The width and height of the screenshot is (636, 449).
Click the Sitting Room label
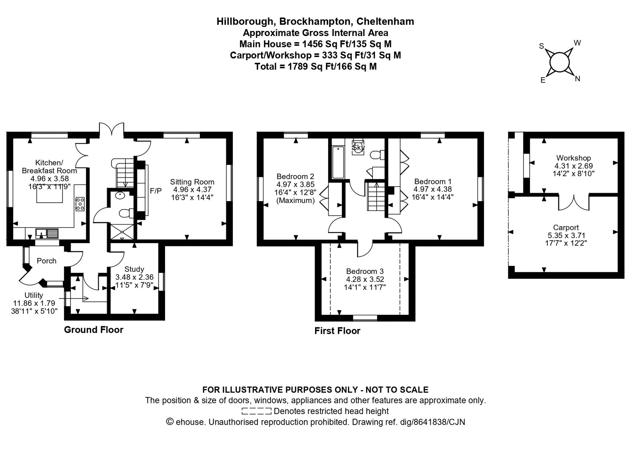[x=192, y=182]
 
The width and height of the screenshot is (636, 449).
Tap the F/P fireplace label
[x=156, y=191]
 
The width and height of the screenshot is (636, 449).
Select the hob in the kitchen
[x=80, y=204]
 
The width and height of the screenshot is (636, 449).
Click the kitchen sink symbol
[x=47, y=234]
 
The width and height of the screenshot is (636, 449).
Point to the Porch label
[x=46, y=261]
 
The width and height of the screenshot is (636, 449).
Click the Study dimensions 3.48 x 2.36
[x=134, y=277]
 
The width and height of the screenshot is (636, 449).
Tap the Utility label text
[x=33, y=295]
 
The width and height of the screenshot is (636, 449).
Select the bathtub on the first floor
[x=338, y=162]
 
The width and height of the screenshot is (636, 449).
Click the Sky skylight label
[x=358, y=148]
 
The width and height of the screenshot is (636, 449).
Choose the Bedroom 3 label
[x=365, y=271]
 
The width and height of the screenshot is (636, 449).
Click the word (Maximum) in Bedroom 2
[x=295, y=201]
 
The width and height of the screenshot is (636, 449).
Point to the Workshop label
[x=573, y=158]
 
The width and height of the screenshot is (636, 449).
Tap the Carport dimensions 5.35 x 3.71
[x=566, y=235]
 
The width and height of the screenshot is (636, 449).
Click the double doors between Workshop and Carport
[x=574, y=203]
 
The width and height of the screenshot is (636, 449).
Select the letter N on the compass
[x=577, y=79]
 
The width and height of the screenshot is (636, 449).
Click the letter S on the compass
[x=541, y=46]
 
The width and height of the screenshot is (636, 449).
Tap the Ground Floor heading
[x=93, y=330]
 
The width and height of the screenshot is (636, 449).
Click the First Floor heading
[x=337, y=331]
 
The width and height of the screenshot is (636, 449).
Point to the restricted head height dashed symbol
[x=256, y=411]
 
